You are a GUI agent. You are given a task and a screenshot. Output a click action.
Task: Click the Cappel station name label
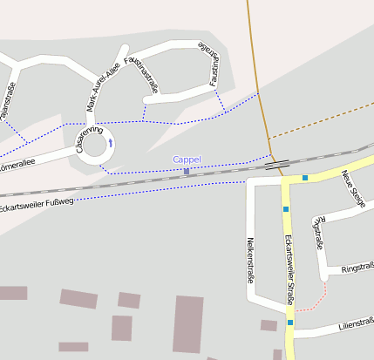coord(187,160)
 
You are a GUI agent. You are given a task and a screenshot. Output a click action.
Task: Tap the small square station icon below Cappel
coord(186,171)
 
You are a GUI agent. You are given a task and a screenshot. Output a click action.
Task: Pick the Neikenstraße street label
coord(249,261)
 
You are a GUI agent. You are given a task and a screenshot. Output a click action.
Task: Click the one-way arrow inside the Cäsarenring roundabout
coord(110,141)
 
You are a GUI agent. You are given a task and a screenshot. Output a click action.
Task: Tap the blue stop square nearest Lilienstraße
coord(290,323)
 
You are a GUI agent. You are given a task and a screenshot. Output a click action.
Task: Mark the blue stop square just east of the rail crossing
coord(305,178)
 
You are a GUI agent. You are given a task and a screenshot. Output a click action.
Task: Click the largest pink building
coord(187,323)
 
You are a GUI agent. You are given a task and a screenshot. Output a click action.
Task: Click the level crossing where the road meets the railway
coord(277,163)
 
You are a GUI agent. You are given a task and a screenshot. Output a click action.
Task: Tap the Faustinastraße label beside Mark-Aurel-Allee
coord(143,74)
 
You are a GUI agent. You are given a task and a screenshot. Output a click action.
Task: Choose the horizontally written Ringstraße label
coord(357,268)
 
